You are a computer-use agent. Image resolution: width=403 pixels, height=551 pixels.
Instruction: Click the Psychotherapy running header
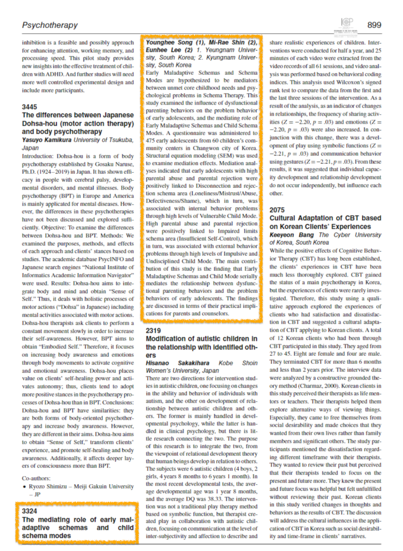click(50, 25)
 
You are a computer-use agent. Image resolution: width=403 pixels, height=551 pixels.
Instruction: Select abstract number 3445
click(30, 107)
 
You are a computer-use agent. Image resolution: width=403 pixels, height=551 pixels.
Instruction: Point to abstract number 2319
click(155, 330)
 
